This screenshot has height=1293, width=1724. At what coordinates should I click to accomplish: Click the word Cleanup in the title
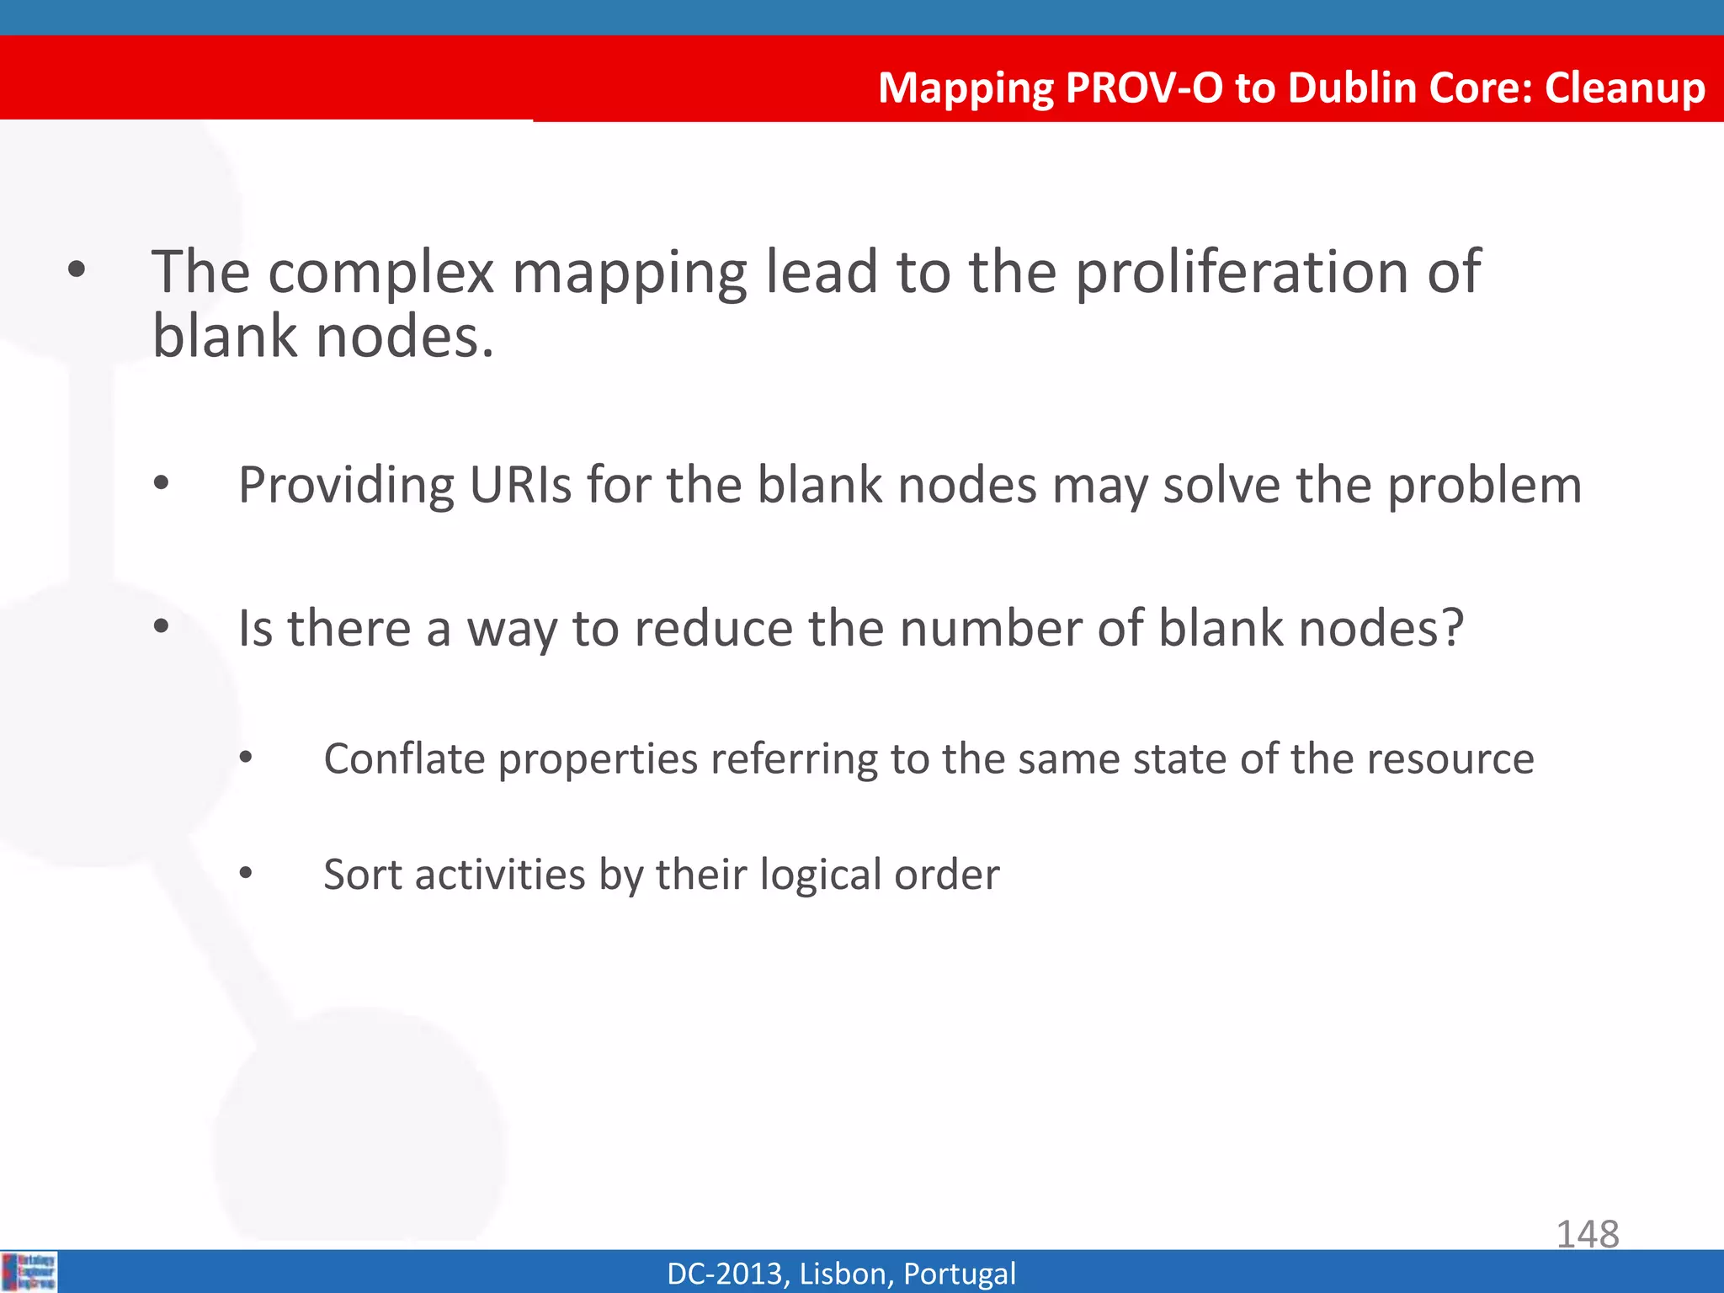tap(1624, 88)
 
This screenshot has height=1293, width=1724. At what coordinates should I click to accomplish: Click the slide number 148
tap(1587, 1234)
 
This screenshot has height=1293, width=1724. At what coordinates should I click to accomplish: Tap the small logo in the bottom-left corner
tap(29, 1271)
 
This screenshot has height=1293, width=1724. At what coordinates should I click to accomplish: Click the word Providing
tap(346, 487)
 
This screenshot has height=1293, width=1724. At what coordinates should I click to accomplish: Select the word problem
tap(1484, 486)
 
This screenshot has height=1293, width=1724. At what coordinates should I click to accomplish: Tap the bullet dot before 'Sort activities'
tap(245, 873)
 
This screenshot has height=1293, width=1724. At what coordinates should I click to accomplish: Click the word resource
tap(1450, 758)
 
